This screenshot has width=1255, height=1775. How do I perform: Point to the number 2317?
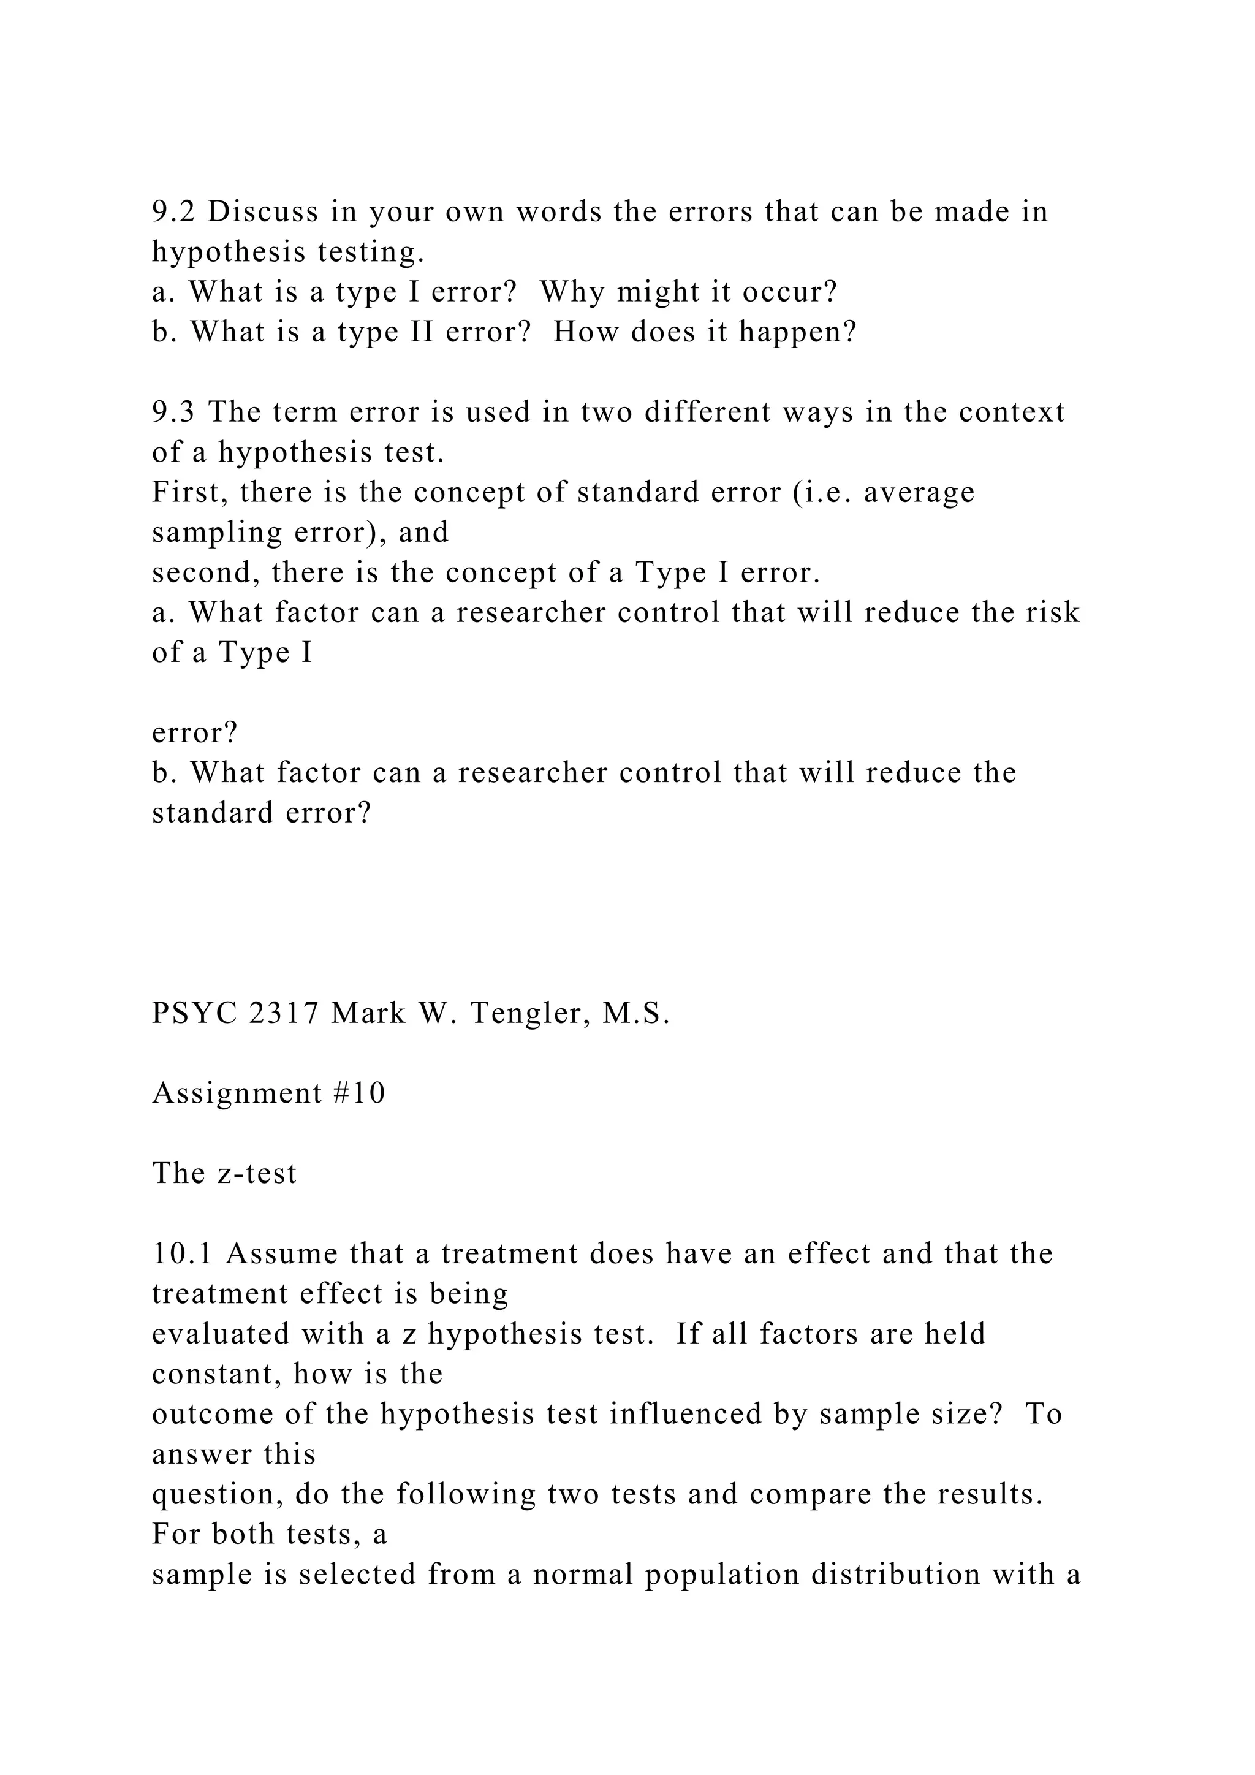(284, 1014)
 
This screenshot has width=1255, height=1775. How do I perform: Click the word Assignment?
(237, 1094)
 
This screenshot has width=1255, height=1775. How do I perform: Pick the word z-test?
(256, 1174)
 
